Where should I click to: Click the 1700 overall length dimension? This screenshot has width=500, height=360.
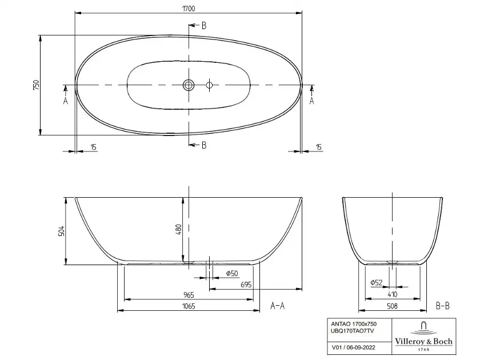[x=189, y=9]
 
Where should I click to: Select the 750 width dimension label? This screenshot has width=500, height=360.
[x=36, y=85]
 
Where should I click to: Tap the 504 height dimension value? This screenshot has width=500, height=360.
[x=62, y=231]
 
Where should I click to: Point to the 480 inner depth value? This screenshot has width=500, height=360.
[x=178, y=230]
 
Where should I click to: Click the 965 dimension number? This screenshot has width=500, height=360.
[x=189, y=295]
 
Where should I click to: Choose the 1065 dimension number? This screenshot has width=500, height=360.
[x=189, y=306]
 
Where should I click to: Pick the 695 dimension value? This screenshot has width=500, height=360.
[x=246, y=285]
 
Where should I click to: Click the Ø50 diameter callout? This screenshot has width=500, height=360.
[x=232, y=273]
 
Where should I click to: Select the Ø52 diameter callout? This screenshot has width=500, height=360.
[x=376, y=282]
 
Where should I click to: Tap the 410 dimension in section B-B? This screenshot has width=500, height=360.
[x=392, y=294]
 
